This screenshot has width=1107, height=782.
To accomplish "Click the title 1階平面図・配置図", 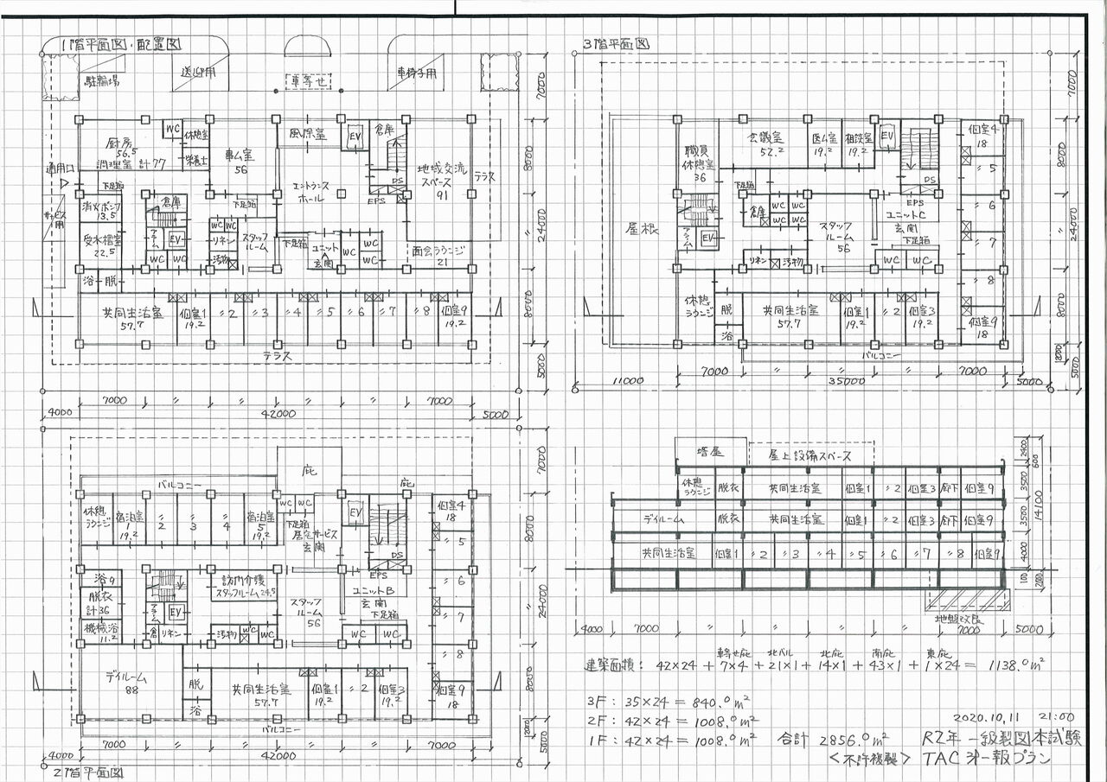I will pyautogui.click(x=113, y=43).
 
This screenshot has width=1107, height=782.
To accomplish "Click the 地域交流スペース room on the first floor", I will pyautogui.click(x=439, y=179).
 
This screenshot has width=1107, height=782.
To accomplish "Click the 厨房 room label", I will pyautogui.click(x=123, y=143).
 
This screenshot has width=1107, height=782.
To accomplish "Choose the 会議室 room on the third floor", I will pyautogui.click(x=765, y=138).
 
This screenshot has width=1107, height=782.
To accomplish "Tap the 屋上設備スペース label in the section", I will pyautogui.click(x=798, y=455).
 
